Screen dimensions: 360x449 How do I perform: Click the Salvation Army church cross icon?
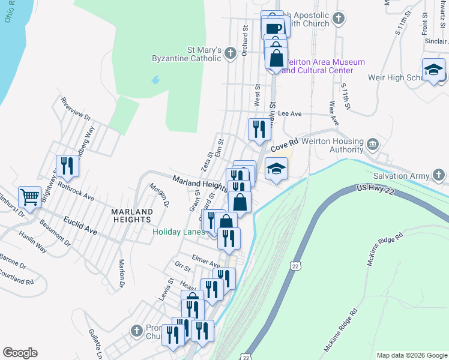[x=440, y=175]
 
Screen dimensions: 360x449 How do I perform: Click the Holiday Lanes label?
[x=178, y=232]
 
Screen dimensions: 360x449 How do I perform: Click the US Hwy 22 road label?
[x=378, y=189]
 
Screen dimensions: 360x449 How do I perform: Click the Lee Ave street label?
[x=289, y=113]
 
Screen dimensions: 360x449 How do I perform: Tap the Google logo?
[x=20, y=353]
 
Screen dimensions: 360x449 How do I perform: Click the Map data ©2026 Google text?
[x=411, y=355]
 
